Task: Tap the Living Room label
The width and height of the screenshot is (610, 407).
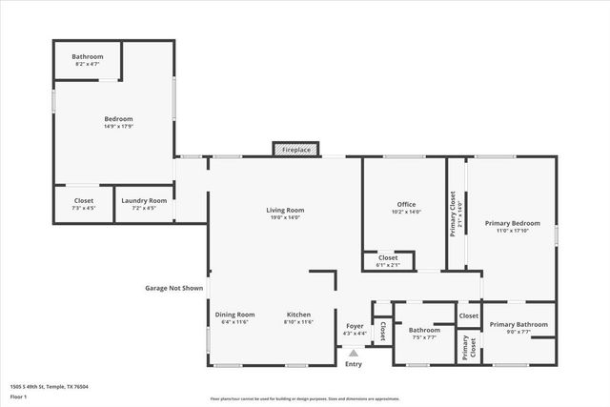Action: pyautogui.click(x=285, y=210)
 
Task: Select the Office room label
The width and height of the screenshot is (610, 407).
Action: pyautogui.click(x=406, y=204)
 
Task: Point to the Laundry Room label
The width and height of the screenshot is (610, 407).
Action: pyautogui.click(x=144, y=201)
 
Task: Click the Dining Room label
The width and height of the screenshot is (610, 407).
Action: pyautogui.click(x=234, y=315)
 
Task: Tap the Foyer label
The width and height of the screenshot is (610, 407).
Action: pyautogui.click(x=354, y=326)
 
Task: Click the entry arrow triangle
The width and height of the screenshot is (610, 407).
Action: pyautogui.click(x=354, y=353)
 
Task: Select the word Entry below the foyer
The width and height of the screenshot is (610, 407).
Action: pyautogui.click(x=354, y=364)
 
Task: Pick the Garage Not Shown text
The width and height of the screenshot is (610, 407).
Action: pyautogui.click(x=173, y=287)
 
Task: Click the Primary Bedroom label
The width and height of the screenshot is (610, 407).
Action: pyautogui.click(x=512, y=223)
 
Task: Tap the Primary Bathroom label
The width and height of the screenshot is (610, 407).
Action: pyautogui.click(x=518, y=325)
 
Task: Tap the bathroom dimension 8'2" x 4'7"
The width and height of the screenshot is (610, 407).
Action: pyautogui.click(x=87, y=64)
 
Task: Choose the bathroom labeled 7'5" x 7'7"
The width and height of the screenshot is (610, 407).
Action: pyautogui.click(x=424, y=336)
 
